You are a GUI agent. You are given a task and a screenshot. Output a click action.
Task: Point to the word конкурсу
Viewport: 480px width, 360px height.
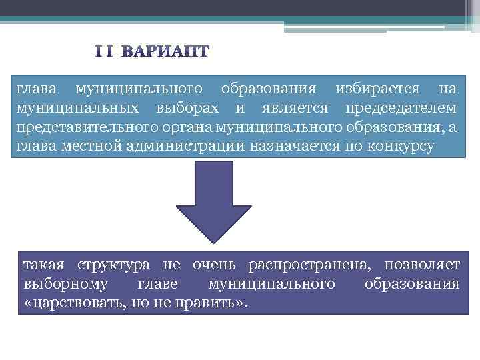(399, 146)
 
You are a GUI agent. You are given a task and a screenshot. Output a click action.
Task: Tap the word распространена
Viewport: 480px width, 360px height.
(309, 265)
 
